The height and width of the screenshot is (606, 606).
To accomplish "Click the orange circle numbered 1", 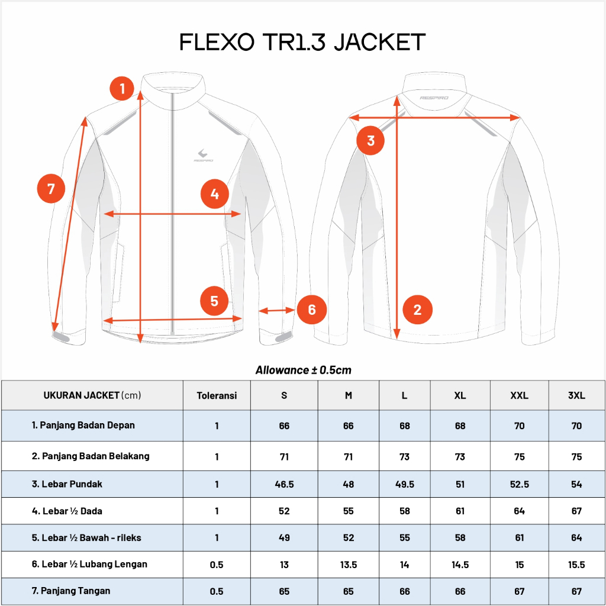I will (123, 89).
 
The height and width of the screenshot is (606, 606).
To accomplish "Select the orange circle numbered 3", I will (370, 141).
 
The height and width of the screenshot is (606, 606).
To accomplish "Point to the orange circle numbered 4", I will (214, 194).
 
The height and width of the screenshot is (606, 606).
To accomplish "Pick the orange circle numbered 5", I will (214, 301).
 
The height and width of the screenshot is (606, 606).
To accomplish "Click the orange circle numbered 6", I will (311, 310).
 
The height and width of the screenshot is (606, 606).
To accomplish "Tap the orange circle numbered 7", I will (51, 189).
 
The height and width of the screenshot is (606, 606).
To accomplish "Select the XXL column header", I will (519, 395).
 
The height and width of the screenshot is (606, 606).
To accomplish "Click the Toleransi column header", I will (217, 395).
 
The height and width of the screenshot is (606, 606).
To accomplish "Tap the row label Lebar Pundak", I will (67, 484).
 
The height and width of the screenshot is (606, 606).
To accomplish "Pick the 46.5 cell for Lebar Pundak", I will (284, 484).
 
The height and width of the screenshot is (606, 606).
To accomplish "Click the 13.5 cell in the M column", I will (348, 565).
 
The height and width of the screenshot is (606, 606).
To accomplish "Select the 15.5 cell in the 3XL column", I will (576, 565).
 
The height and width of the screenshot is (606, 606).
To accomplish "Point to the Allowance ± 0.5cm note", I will (303, 370).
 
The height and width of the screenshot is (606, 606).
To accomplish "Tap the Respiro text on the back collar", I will (433, 98).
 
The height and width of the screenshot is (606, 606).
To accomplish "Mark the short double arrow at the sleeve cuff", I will (276, 310).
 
